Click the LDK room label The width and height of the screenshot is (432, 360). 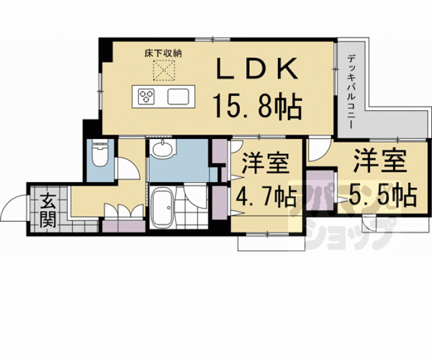[257, 68]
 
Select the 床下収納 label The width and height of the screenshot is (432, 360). [163, 53]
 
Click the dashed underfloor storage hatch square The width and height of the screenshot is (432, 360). [164, 71]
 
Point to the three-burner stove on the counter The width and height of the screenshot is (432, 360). [146, 96]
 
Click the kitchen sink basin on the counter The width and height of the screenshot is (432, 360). [178, 96]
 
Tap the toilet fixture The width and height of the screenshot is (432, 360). [100, 153]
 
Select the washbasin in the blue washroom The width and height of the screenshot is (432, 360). [163, 149]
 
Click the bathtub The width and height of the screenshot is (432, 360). [163, 207]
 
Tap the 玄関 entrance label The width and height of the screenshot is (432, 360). [48, 210]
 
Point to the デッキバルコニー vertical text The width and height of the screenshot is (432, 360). [351, 91]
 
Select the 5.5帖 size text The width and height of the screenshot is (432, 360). [383, 195]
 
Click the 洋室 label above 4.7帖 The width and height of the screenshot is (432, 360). [265, 163]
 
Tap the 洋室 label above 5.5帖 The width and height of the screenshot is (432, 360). [380, 160]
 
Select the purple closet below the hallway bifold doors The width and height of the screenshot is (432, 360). [124, 226]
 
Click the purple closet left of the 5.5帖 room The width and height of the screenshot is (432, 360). [320, 190]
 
